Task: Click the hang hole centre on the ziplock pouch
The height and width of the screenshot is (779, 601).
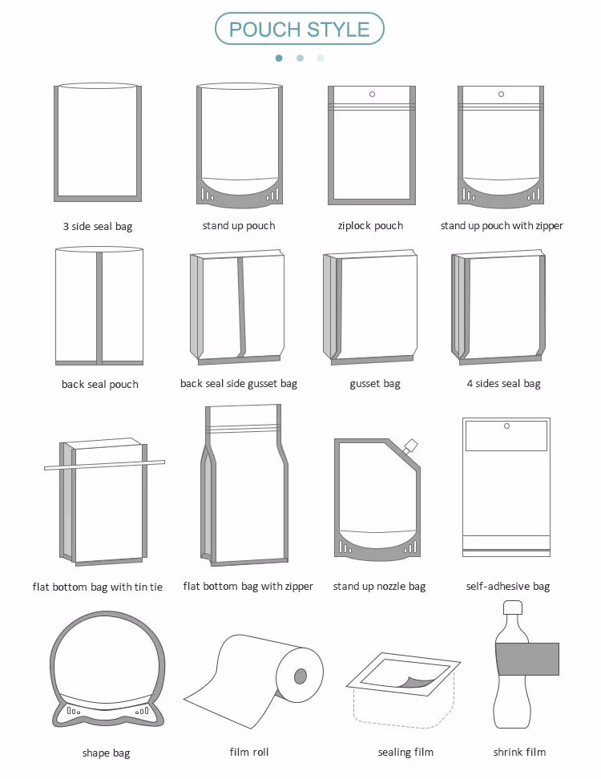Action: pos(372,94)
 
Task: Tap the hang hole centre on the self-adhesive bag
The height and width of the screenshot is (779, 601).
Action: pos(506,426)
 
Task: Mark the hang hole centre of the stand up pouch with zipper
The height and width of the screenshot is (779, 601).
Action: pos(501,94)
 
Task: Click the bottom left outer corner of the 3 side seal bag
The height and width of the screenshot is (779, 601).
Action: pos(54,201)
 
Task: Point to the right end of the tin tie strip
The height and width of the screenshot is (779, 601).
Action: pos(164,462)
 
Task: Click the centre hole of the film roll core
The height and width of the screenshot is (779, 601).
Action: pos(300,676)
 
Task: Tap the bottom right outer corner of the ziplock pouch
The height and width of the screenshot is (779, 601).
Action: pos(415,204)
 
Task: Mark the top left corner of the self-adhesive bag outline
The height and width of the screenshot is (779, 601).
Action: pos(463,418)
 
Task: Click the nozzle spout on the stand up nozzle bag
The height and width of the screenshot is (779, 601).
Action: pos(409,446)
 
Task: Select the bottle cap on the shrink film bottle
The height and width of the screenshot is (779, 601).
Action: pos(513,607)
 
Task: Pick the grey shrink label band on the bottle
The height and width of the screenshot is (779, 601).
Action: pos(527,659)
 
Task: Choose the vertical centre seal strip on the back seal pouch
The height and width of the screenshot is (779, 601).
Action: pos(99,308)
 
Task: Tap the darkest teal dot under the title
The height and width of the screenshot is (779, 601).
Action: pos(279,59)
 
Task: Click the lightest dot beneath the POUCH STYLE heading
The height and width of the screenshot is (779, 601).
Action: pos(321,59)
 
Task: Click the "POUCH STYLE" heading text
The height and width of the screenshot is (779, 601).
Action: pos(300,30)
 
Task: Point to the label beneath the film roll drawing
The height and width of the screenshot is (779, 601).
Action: pos(249,753)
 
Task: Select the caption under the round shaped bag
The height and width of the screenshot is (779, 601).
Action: pos(107,753)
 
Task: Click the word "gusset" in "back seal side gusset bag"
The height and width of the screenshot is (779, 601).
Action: pos(262,384)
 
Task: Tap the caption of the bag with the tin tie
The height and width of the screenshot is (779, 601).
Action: pos(97,587)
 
